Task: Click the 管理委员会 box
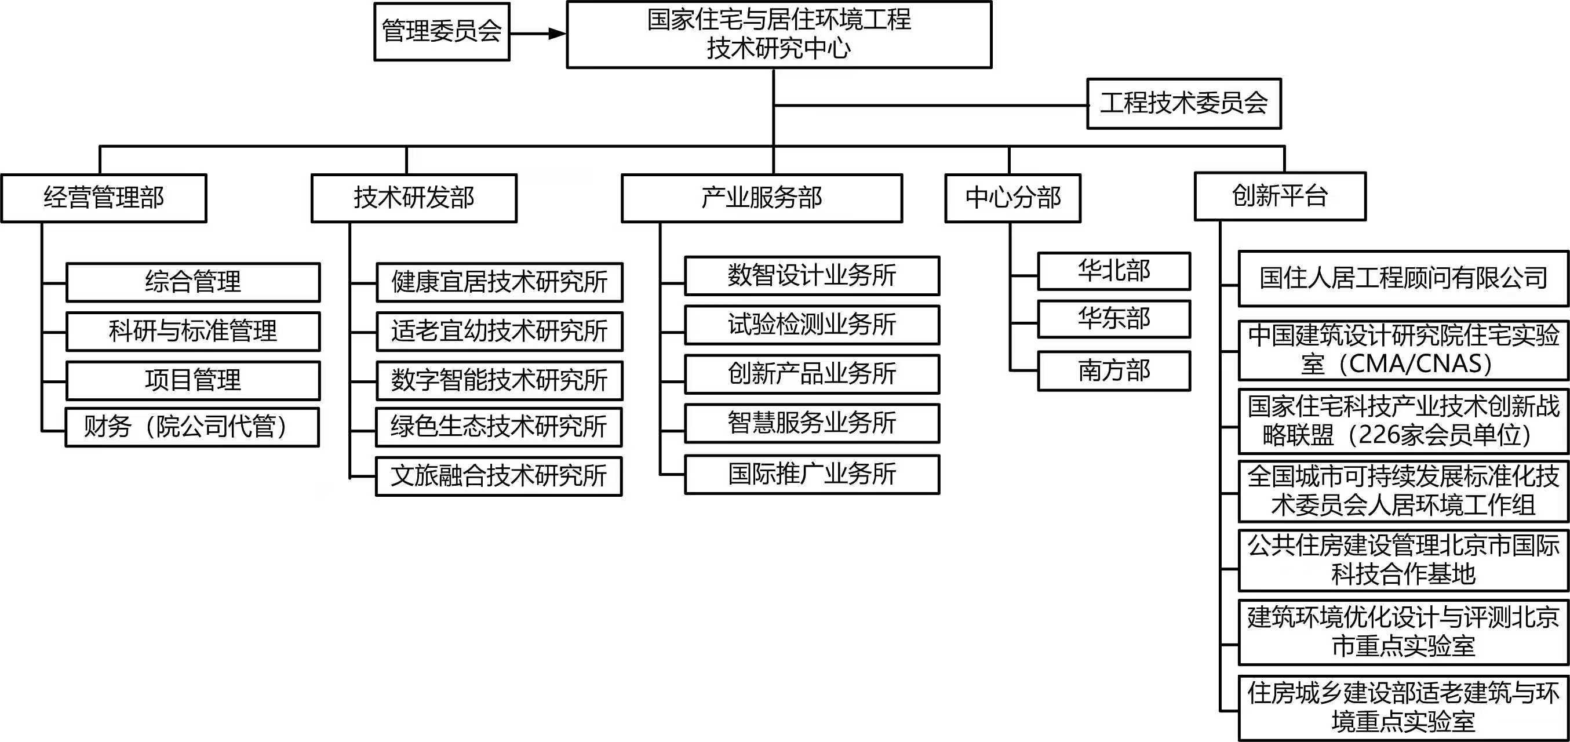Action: click(441, 32)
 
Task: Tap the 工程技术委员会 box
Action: click(1183, 104)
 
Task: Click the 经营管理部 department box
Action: click(104, 198)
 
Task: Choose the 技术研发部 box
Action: click(414, 198)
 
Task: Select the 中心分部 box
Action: click(1012, 198)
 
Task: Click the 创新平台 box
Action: click(1279, 197)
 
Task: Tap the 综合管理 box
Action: click(192, 282)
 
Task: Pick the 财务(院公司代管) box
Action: click(192, 427)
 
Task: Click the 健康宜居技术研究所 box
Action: click(499, 282)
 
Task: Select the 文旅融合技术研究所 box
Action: click(498, 476)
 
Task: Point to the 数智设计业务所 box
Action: click(812, 275)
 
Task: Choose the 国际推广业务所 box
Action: click(812, 474)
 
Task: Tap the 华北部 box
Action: click(1113, 271)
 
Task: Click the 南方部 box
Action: click(1113, 370)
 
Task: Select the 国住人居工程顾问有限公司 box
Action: click(1403, 279)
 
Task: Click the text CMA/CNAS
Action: click(1420, 364)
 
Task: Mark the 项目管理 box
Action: click(192, 380)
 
